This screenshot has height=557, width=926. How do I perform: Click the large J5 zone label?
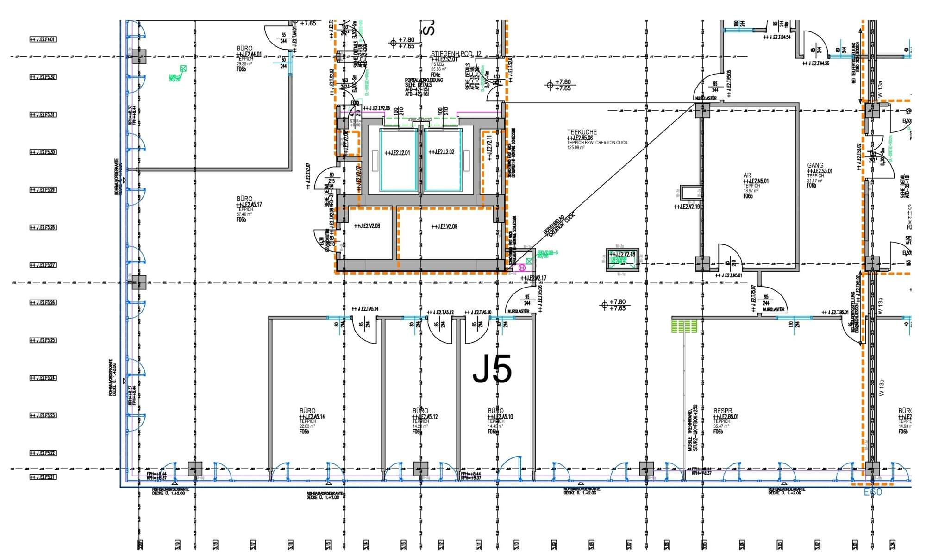(x=492, y=369)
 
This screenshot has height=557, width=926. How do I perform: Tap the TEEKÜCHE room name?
(x=582, y=132)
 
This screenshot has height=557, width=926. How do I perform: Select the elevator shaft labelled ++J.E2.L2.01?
(x=397, y=152)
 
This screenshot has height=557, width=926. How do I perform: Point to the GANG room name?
(x=815, y=165)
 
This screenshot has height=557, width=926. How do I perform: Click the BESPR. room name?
(x=723, y=411)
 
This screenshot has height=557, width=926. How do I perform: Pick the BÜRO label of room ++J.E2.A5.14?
(x=307, y=411)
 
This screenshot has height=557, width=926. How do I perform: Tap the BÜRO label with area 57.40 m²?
(x=244, y=199)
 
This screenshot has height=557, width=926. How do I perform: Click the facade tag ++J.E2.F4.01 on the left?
(x=43, y=39)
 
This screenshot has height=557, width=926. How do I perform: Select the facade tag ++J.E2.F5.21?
(x=43, y=477)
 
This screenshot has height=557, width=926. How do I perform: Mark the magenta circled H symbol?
(x=523, y=268)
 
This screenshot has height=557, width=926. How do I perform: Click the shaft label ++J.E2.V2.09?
(x=444, y=226)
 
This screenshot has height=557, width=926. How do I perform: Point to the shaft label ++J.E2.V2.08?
(x=367, y=226)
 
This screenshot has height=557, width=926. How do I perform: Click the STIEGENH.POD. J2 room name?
(x=456, y=54)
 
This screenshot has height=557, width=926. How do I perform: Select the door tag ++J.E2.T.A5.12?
(x=440, y=312)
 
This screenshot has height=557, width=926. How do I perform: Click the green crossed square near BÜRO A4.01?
(x=183, y=69)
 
